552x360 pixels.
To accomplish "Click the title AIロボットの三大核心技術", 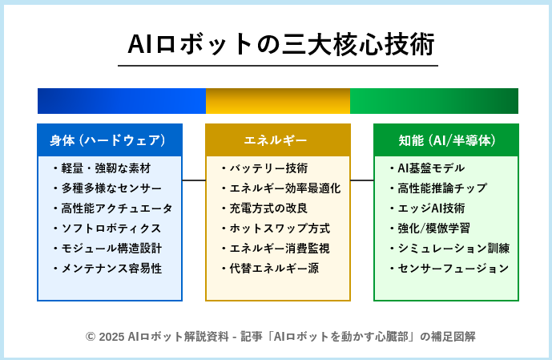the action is (281, 44).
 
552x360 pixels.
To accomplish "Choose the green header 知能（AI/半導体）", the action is (446, 140).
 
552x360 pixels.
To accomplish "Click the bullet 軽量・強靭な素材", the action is (102, 168).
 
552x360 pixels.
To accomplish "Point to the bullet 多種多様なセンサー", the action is (107, 188).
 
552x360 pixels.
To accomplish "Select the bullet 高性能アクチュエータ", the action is (113, 208).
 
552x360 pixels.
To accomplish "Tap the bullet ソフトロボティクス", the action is (107, 229).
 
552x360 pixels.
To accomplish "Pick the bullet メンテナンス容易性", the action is (107, 269).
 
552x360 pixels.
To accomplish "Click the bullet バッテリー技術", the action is (264, 168).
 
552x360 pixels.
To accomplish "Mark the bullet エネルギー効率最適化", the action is (281, 188).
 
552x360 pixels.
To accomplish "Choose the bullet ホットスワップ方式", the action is (276, 229).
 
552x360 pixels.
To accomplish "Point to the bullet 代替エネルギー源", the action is (270, 269).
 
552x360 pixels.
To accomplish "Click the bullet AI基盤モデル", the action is (427, 168).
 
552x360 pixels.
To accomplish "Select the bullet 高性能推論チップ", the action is (439, 188).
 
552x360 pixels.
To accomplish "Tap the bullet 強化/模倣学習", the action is (430, 229).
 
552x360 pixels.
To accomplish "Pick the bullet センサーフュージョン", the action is (449, 269).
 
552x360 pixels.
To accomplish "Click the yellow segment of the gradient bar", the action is (278, 101).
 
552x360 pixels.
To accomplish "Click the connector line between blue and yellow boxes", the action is (194, 180).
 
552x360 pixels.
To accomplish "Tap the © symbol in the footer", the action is (91, 337).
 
